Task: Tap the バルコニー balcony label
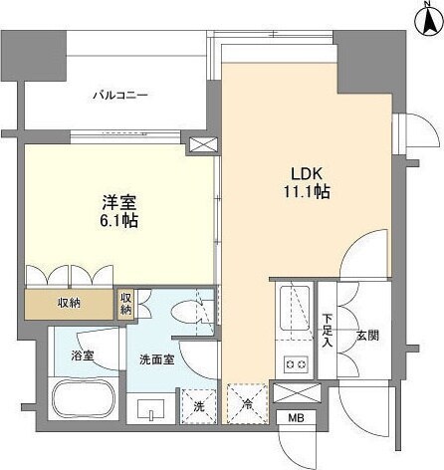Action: click(120, 96)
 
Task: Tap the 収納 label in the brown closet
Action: click(68, 303)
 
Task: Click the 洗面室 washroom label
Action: click(156, 359)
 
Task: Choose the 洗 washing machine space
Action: click(195, 406)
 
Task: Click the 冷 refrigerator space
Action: click(246, 405)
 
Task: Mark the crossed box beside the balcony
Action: click(201, 144)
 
